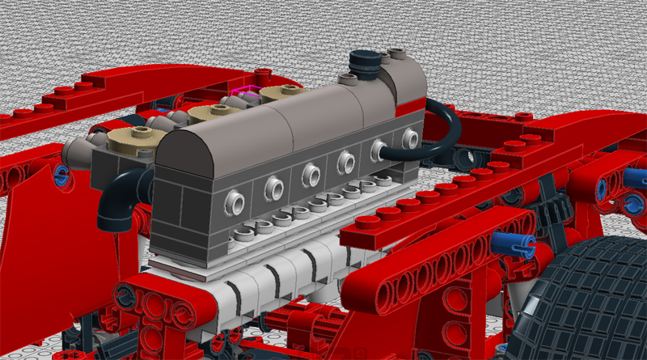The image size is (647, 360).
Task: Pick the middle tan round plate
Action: [209, 112]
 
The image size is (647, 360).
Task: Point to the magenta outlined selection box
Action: [244, 92]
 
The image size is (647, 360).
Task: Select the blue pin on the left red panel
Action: [60, 172]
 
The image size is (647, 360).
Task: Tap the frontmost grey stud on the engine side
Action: [234, 197]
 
